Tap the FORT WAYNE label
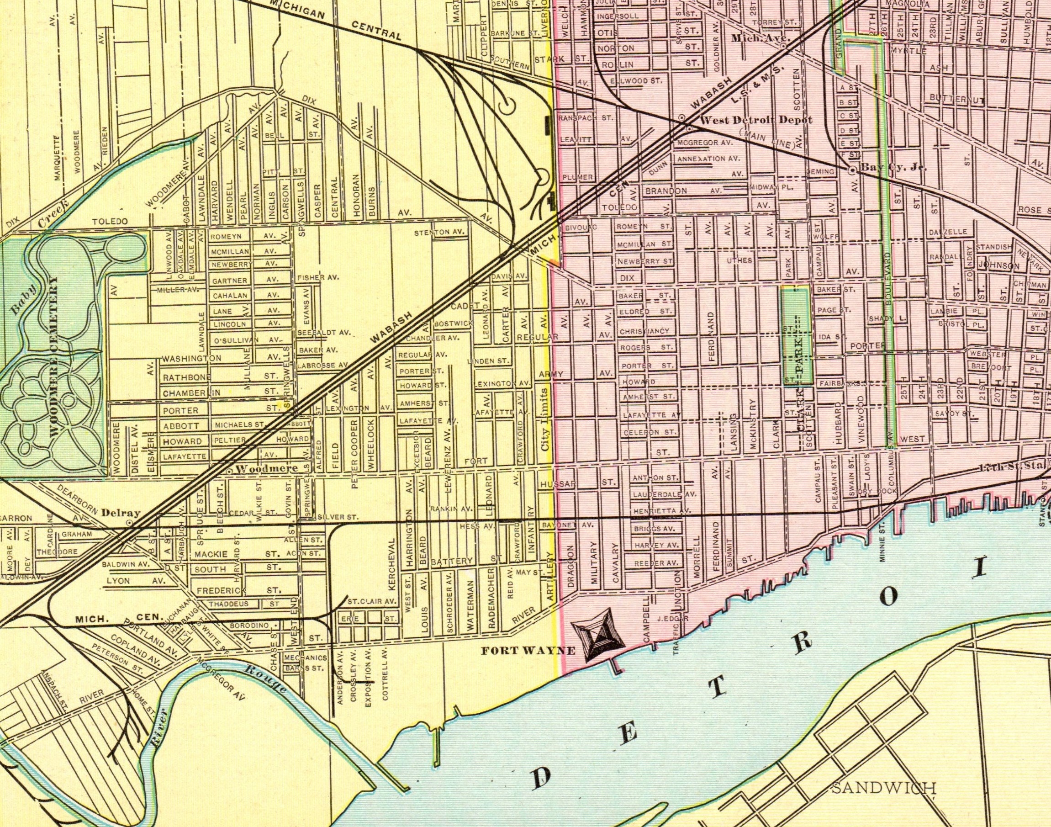[528, 651]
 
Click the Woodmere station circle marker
[229, 470]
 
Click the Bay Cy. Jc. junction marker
[852, 170]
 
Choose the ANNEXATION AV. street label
[708, 159]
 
